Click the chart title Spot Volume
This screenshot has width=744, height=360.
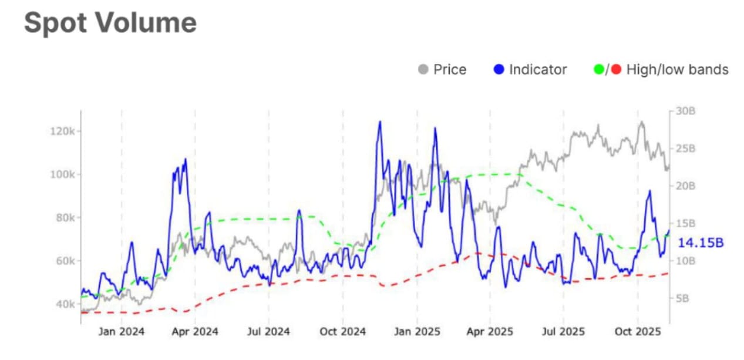(110, 23)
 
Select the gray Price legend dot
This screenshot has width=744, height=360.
(423, 70)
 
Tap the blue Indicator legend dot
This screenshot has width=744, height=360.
(499, 70)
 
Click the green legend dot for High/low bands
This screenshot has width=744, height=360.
(600, 70)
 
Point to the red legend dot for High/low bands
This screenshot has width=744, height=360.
(615, 70)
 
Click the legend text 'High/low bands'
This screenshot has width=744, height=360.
(677, 70)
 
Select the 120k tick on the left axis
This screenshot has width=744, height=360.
(60, 130)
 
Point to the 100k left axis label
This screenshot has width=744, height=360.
(60, 174)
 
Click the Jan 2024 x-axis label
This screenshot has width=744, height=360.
(121, 332)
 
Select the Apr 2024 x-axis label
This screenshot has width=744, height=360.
(194, 332)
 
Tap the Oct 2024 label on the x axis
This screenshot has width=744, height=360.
(342, 332)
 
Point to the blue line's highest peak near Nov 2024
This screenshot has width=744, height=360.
(380, 122)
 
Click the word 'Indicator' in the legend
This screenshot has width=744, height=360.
(538, 70)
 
